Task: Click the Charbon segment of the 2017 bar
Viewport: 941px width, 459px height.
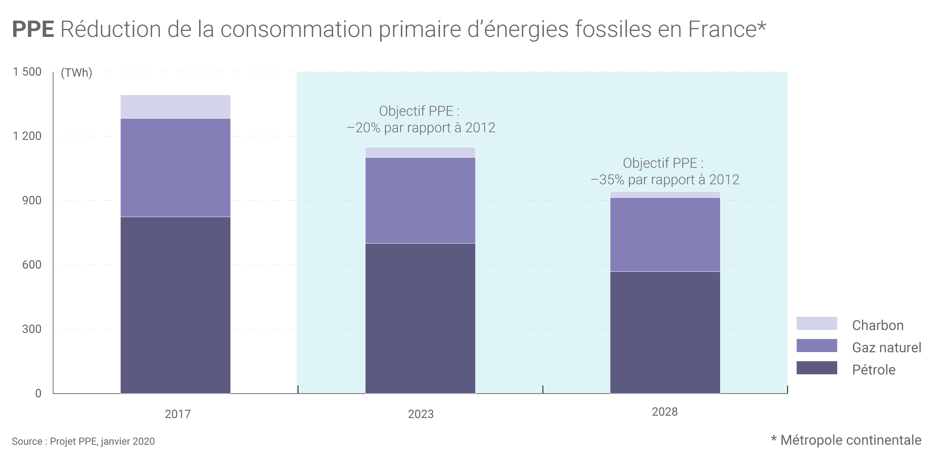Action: coord(175,107)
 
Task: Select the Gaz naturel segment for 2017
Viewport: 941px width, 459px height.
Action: coord(175,168)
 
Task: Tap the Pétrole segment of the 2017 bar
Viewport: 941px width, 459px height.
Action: coord(175,305)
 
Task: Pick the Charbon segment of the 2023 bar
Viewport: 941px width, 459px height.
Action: coord(420,152)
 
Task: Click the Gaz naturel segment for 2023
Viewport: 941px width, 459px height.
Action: coord(420,200)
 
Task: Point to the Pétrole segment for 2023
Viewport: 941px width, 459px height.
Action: coord(420,318)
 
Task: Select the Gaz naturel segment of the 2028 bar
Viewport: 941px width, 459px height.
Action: coord(665,234)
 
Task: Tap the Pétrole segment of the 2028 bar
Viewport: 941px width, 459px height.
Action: coord(665,332)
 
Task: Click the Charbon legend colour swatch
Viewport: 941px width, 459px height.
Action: coord(816,323)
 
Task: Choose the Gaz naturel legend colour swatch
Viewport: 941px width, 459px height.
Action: coord(816,346)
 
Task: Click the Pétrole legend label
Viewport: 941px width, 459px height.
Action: coord(874,370)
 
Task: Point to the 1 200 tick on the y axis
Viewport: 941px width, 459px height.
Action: coord(27,136)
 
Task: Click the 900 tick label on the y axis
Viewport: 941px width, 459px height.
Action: coord(32,200)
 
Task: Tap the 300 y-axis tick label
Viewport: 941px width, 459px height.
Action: coord(32,329)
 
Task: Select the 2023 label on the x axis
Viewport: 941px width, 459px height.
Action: coord(421,414)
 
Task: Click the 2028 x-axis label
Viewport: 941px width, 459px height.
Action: coord(665,412)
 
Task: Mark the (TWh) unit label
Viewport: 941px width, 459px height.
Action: coord(76,72)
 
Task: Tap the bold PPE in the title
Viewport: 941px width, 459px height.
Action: coord(33,29)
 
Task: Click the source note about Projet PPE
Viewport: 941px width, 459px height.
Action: coord(83,441)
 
